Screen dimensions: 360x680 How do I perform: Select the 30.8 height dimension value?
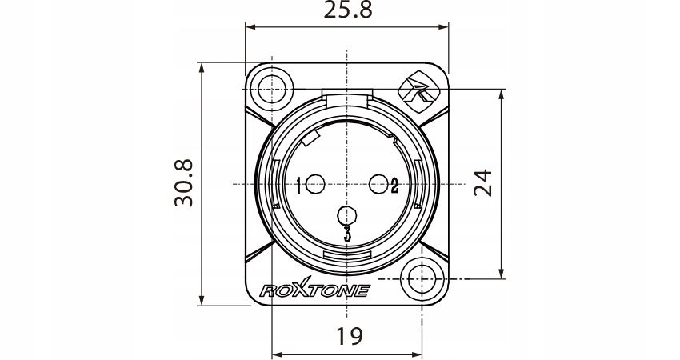[185, 183]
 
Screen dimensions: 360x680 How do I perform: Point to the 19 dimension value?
[346, 335]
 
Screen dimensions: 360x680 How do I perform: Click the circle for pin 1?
[315, 185]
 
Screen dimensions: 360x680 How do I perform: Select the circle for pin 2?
[378, 185]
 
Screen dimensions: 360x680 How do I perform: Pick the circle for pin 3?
[346, 215]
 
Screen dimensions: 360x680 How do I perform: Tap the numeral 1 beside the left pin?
[298, 186]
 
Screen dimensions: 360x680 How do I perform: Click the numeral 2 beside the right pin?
[394, 186]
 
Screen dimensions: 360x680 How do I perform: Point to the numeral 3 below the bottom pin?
[347, 234]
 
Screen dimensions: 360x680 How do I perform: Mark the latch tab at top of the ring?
[346, 96]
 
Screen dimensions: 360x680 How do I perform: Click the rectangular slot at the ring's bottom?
[346, 256]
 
